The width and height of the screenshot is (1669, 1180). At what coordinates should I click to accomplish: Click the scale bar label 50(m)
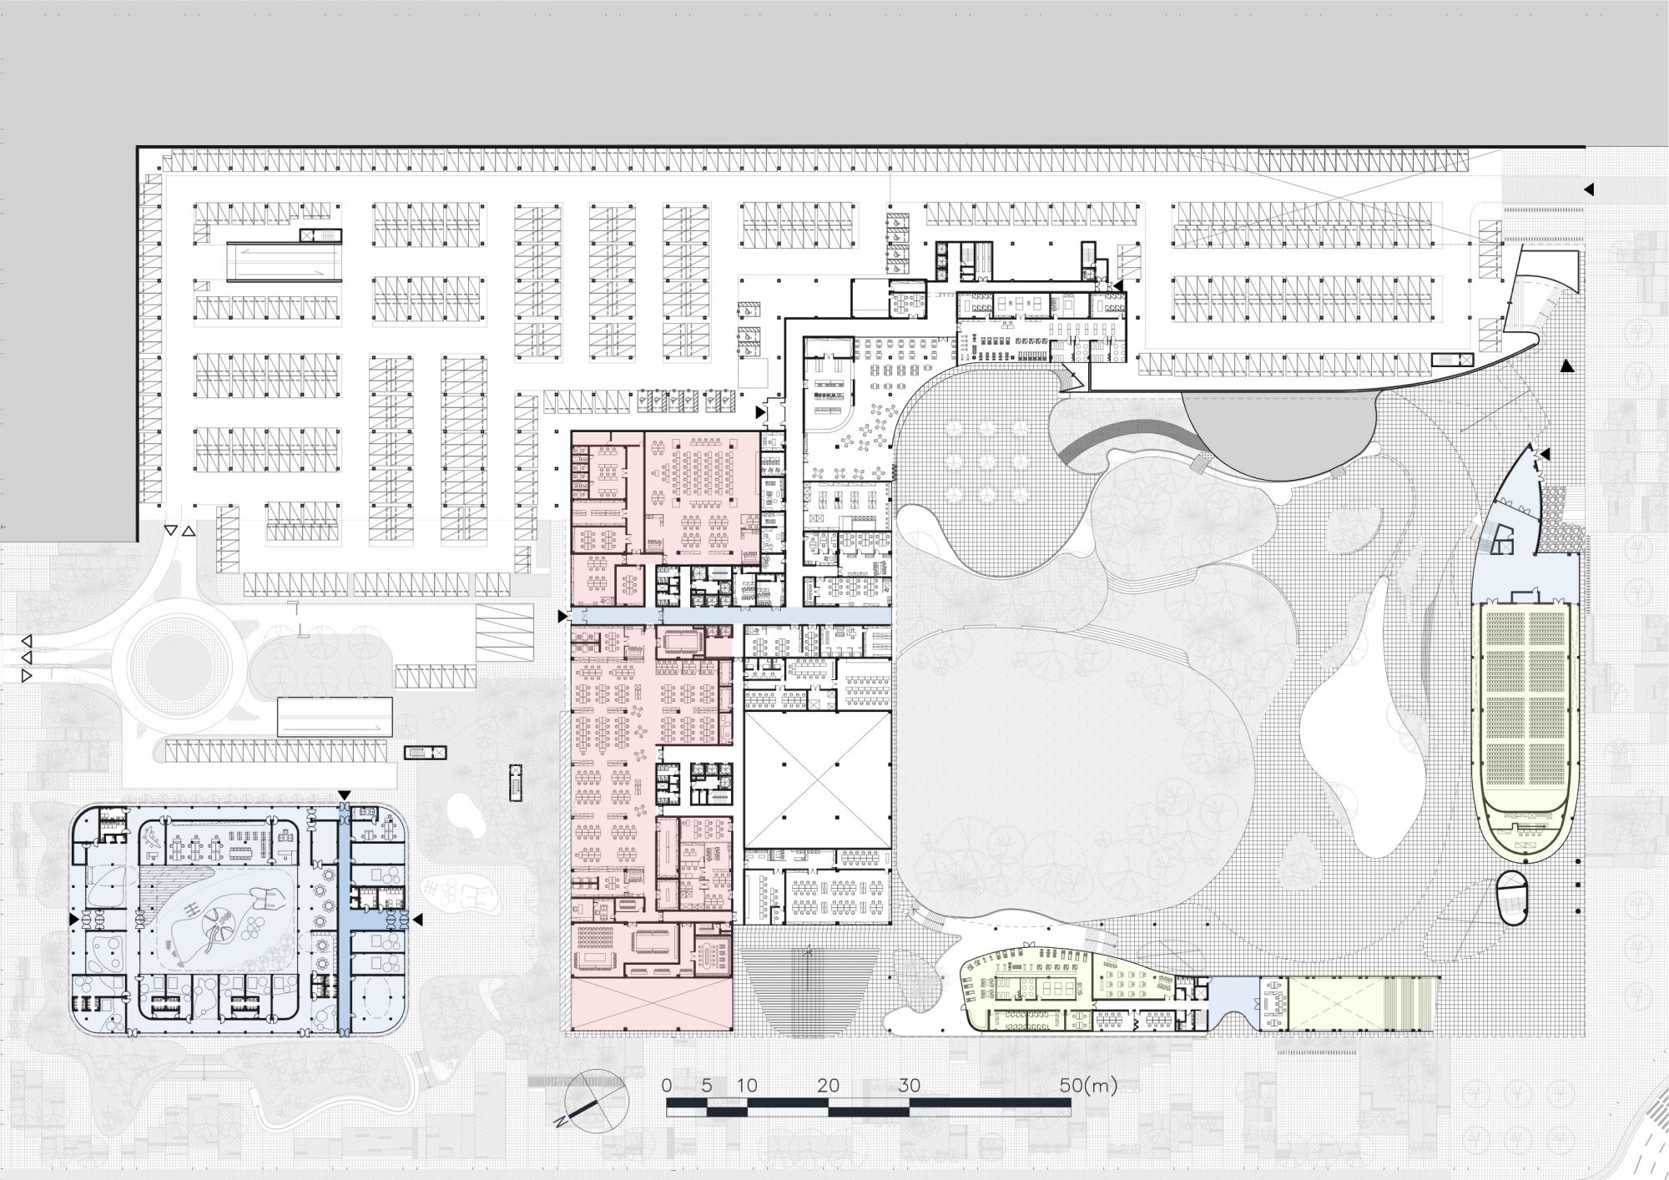(x=1088, y=1086)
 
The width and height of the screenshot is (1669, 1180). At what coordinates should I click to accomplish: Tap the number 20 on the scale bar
(x=828, y=1086)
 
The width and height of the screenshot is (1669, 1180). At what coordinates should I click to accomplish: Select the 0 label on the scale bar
(x=666, y=1086)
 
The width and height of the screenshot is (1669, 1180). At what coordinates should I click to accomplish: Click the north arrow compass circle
(x=596, y=1101)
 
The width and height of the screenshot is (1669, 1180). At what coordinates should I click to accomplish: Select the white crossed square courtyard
(x=817, y=779)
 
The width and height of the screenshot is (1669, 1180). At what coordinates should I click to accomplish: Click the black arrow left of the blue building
(x=74, y=919)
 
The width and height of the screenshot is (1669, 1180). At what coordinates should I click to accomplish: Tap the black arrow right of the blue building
(x=418, y=919)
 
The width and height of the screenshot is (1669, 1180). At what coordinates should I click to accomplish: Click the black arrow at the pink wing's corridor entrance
(x=562, y=616)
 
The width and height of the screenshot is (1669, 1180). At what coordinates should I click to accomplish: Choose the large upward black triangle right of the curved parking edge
(x=1567, y=365)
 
